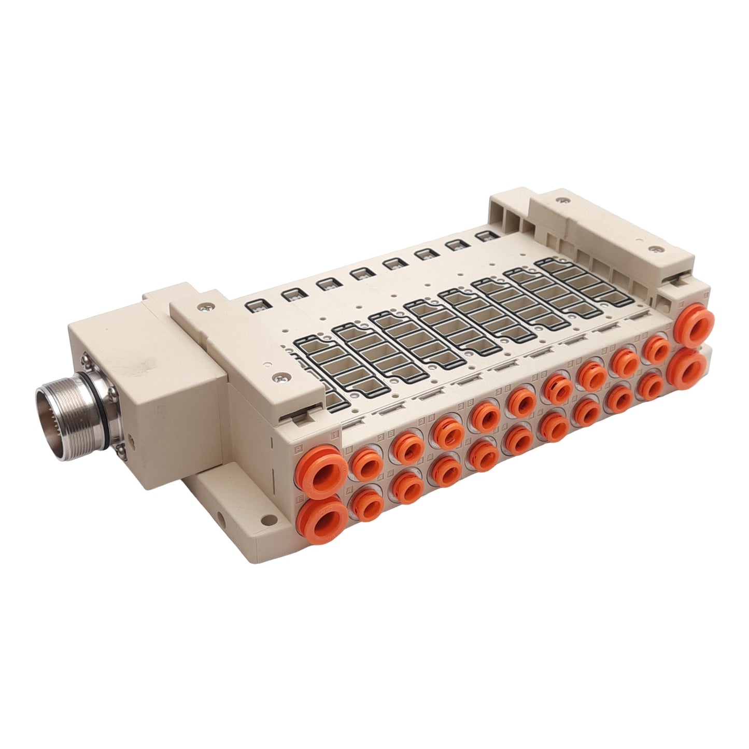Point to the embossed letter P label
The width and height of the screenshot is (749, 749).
coord(299,450)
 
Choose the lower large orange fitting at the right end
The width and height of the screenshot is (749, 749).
coord(687,366)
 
